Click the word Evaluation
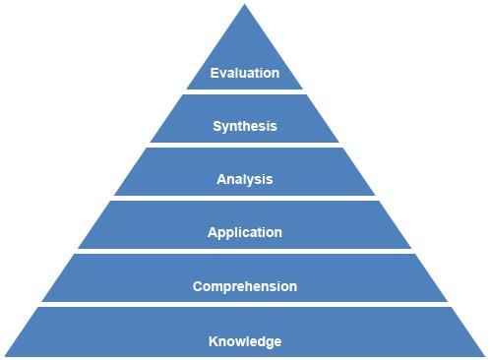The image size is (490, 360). click(245, 73)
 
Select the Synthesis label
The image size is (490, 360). click(245, 126)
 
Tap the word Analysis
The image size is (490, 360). click(245, 179)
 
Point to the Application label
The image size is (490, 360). click(245, 233)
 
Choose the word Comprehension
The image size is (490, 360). click(245, 287)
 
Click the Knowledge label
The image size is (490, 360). click(245, 341)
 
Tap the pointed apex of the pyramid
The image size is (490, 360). click(245, 6)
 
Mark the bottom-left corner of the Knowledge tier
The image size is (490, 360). click(4, 357)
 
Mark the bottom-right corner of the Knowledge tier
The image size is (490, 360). click(486, 357)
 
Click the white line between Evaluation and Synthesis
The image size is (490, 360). click(245, 92)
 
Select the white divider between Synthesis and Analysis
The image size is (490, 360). click(245, 146)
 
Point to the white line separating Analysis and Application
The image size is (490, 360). click(245, 199)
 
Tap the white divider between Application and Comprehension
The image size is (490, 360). click(245, 252)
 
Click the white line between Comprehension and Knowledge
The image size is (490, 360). click(245, 305)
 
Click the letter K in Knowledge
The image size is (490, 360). click(214, 341)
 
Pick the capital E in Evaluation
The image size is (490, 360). click(215, 73)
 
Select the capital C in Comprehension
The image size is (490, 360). click(198, 287)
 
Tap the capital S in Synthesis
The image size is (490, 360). click(217, 126)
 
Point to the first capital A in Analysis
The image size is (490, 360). click(221, 179)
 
